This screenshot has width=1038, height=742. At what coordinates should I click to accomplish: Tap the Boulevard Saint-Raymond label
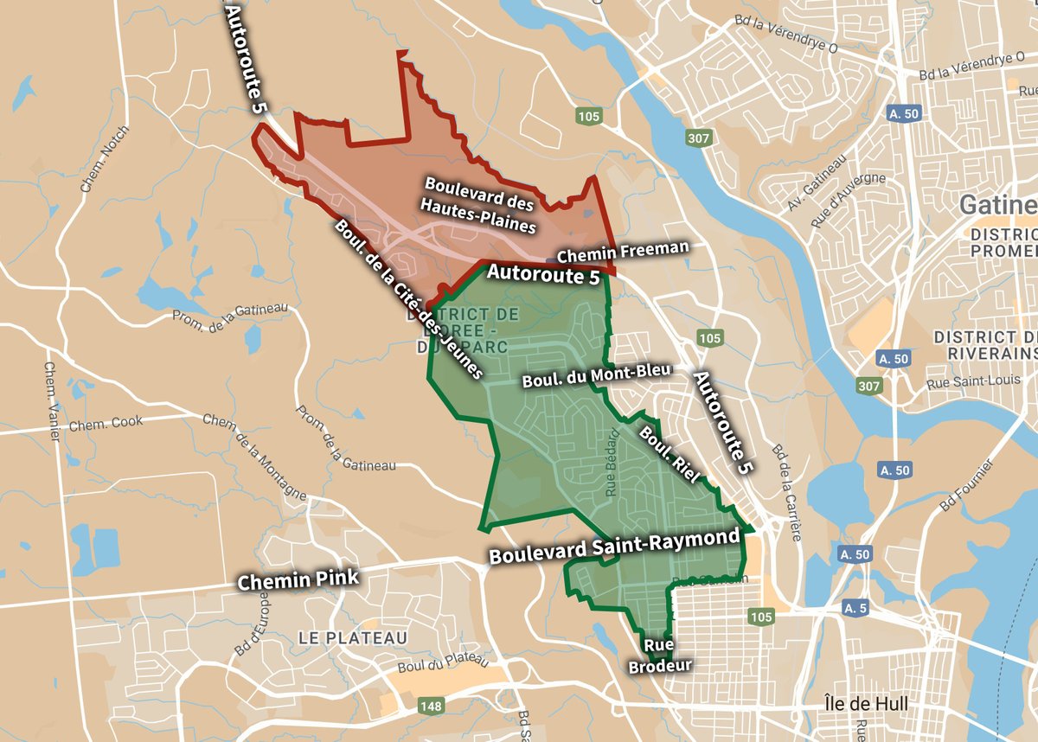pyautogui.click(x=615, y=546)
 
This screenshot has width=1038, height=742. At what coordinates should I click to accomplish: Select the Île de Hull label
pyautogui.click(x=866, y=704)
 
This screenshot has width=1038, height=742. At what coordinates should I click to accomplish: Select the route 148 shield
pyautogui.click(x=431, y=707)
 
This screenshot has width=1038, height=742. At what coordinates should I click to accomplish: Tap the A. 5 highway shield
pyautogui.click(x=855, y=609)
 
